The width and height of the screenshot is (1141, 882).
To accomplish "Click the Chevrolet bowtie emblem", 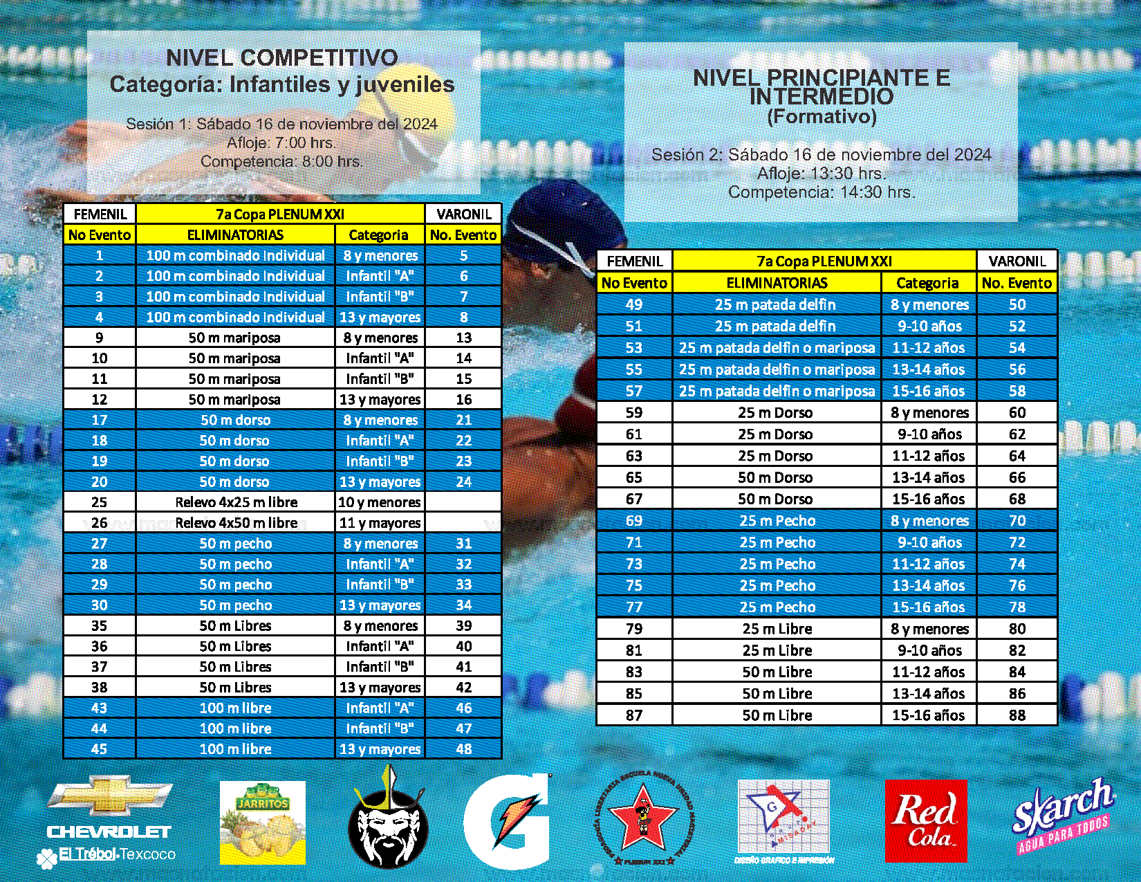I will (x=109, y=796).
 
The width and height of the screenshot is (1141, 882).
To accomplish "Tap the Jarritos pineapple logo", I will (x=262, y=823).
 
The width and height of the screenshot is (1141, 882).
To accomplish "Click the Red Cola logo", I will (x=926, y=821).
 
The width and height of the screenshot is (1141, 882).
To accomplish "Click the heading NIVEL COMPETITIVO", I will (x=282, y=58).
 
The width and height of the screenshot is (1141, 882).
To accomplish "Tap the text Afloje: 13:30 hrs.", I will (x=821, y=174).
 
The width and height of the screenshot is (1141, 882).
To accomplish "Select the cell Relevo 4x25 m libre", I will (x=236, y=502).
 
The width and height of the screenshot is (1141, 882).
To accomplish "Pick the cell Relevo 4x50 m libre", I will (x=236, y=523).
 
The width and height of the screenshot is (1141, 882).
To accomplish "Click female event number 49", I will (x=634, y=305).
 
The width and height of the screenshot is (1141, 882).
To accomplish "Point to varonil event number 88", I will (x=1017, y=715).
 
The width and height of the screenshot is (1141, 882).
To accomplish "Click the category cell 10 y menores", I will (x=380, y=502).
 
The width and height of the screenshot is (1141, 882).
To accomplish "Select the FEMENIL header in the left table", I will (x=100, y=214).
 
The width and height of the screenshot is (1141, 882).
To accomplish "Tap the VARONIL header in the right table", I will (x=1017, y=261).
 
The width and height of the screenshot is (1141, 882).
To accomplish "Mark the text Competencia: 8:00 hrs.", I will (x=282, y=162).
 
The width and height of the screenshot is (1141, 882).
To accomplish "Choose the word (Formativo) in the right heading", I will (x=822, y=116).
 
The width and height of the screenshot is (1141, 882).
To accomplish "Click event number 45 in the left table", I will (x=100, y=749).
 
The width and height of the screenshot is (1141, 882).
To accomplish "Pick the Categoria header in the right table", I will (x=927, y=283).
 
